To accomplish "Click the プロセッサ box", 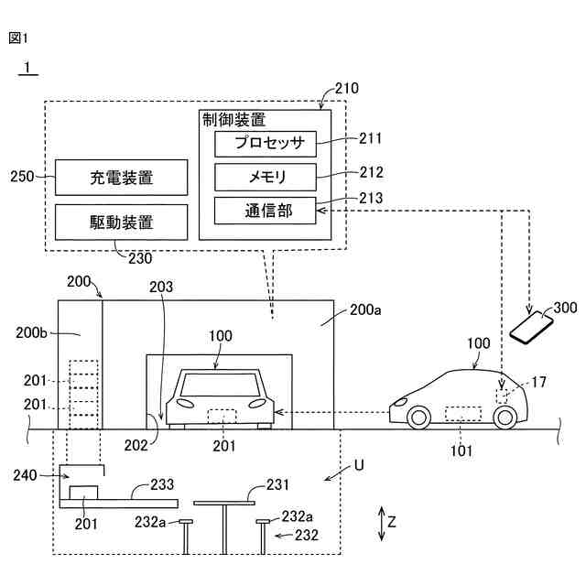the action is pos(266,144).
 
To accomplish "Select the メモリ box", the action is pos(266,177).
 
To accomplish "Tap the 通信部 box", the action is pos(265,211).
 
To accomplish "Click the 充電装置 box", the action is pos(122,178).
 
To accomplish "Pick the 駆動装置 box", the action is pos(122,222).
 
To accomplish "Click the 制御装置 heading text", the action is pos(234,120).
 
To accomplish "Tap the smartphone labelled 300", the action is pos(531,327).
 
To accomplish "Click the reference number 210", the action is pos(346,89).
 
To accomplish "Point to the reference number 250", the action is pos(22,177).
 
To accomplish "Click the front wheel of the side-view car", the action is pos(418,418).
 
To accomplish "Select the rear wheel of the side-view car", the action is pos(505,418).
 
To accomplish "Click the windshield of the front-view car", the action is pos(220,385).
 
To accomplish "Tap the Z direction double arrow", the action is pos(381,524).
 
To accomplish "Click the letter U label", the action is pos(359,466).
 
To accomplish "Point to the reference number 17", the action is pos(538,382).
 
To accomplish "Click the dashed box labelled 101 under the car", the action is pos(463,414).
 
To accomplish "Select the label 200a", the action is pos(365,309).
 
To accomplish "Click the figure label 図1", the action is pos(18,38).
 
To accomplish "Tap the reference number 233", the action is pos(162,484).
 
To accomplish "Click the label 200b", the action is pos(31,332).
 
